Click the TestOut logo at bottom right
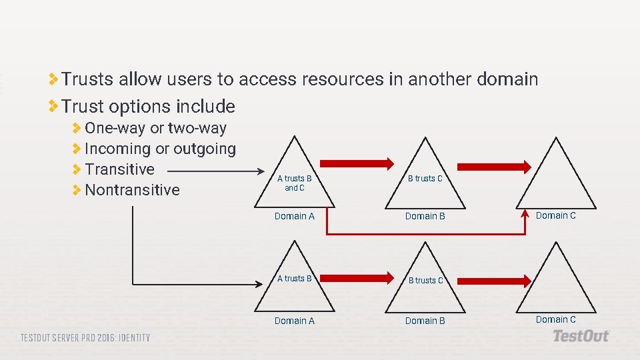(x=581, y=335)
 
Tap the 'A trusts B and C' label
(x=294, y=183)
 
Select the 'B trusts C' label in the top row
(x=425, y=179)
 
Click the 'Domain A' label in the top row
(x=295, y=216)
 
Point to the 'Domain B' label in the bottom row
(x=425, y=321)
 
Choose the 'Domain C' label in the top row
(x=555, y=215)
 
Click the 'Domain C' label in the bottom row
(x=555, y=319)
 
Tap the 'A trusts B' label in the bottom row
(x=294, y=279)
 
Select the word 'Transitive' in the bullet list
(x=120, y=169)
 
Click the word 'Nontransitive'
(x=133, y=190)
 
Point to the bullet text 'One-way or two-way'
(x=156, y=128)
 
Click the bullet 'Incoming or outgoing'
(x=161, y=149)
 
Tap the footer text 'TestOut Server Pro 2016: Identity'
(x=85, y=338)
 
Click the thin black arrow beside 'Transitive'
(x=217, y=171)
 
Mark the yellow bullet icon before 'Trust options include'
(x=54, y=106)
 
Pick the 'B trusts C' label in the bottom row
(x=425, y=281)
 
